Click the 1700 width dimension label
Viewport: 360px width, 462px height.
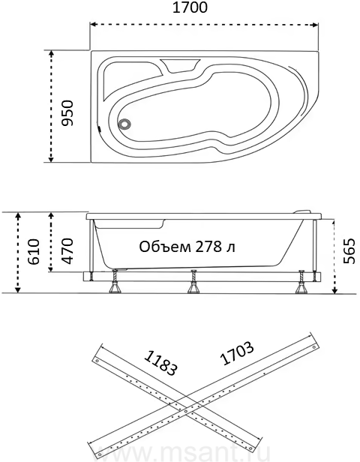click(190, 7)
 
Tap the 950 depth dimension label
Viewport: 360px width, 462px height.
click(67, 112)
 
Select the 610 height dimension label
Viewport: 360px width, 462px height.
click(33, 251)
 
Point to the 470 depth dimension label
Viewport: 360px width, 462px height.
click(67, 250)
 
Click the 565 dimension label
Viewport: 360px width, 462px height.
click(350, 250)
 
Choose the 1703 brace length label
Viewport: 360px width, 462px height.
click(236, 353)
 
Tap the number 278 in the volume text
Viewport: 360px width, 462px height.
click(204, 247)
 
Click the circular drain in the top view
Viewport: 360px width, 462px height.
click(124, 123)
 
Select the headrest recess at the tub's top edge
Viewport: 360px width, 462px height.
click(180, 65)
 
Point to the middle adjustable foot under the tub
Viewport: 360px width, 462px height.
click(193, 282)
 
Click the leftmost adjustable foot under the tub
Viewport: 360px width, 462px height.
click(114, 282)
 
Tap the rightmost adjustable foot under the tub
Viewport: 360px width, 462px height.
click(301, 282)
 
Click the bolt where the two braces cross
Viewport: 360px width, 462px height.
click(185, 411)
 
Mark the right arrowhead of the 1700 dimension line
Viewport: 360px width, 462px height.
click(315, 25)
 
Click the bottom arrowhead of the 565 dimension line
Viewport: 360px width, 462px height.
click(334, 290)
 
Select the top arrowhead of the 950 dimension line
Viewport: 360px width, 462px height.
click(51, 54)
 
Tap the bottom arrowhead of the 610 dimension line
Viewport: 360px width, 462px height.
click(18, 289)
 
